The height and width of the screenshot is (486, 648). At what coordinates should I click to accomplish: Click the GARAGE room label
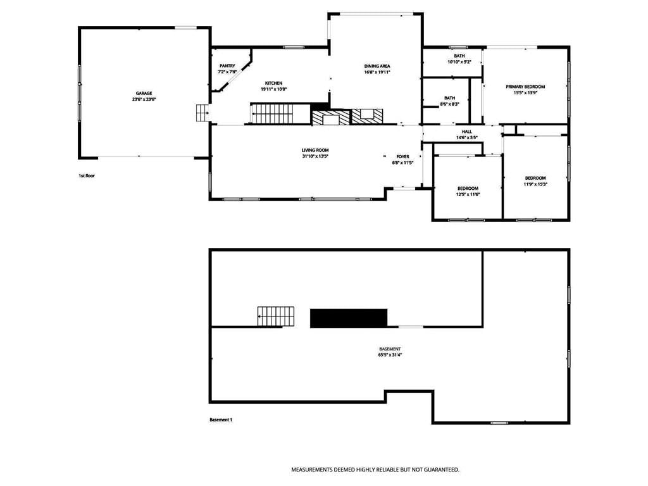144,94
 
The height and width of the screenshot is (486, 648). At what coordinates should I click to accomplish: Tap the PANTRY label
227,66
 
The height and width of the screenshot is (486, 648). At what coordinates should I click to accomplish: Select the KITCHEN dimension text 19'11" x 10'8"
273,89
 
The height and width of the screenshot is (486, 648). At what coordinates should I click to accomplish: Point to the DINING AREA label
377,66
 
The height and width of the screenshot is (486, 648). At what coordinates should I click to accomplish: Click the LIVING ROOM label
315,151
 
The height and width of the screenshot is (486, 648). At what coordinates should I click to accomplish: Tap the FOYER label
402,157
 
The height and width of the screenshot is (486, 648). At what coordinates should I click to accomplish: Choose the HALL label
466,132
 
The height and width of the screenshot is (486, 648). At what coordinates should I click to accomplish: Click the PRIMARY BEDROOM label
525,87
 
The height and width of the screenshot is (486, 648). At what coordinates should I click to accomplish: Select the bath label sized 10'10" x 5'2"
459,56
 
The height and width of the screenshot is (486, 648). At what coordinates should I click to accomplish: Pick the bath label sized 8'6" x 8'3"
450,98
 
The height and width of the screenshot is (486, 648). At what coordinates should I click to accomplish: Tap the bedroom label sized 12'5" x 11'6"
468,189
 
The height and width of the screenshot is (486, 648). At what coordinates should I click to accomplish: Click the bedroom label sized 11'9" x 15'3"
535,178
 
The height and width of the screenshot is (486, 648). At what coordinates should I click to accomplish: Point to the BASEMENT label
390,349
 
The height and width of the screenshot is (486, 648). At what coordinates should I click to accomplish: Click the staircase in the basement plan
276,316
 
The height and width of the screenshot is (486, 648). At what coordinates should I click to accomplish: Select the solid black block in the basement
349,318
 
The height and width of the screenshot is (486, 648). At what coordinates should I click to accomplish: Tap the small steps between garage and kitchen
202,113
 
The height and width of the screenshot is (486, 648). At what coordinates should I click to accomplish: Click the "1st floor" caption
87,176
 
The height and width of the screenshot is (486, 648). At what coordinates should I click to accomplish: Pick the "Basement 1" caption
221,420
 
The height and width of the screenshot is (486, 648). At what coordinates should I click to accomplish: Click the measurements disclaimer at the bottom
375,470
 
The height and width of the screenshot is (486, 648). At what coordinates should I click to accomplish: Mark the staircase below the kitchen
271,113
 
